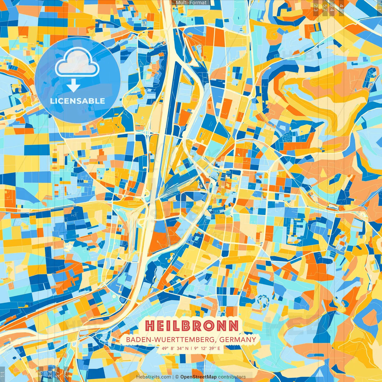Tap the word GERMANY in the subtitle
(x=238, y=340)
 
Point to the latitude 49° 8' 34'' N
(x=175, y=348)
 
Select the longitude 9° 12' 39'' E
(x=207, y=348)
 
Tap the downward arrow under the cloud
(x=73, y=86)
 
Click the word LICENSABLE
(x=78, y=101)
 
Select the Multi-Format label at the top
(x=191, y=3)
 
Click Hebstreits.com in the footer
(x=154, y=377)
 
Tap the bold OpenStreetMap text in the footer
(x=198, y=377)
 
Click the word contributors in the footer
(x=232, y=377)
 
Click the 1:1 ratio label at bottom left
(x=2, y=374)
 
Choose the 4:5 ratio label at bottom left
(x=41, y=374)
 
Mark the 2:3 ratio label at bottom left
(x=66, y=374)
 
